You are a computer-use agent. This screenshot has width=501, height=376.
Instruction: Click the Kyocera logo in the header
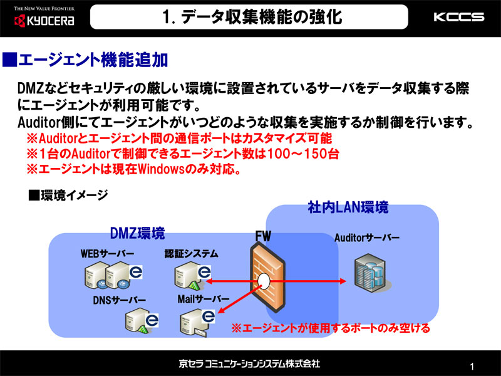coord(44,18)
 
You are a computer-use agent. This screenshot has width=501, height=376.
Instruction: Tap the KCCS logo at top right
coord(459,17)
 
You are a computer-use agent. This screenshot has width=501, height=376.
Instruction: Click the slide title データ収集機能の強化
coord(252,17)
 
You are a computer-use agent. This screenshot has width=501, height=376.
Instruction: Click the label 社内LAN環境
coord(348,207)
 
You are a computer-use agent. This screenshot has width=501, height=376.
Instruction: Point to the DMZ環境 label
coord(137,233)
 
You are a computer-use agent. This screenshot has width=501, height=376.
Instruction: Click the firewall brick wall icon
coord(267,278)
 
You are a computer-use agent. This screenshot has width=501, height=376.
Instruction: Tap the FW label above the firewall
coord(263,236)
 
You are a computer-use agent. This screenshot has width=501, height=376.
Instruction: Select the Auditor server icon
coord(371,273)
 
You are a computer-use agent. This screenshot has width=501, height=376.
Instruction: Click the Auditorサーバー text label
coord(367,238)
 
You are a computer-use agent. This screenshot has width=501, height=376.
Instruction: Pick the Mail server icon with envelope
coord(197,322)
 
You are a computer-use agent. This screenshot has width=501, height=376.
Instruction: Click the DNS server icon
coord(142,321)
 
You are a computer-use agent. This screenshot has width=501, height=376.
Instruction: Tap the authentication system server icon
coord(193,275)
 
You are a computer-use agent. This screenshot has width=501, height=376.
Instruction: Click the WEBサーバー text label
coord(107,254)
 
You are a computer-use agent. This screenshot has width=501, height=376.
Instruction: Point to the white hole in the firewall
coord(264,281)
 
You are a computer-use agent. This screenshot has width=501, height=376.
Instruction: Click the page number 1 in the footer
coord(472,367)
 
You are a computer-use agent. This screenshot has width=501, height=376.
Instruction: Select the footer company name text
coord(249,363)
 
